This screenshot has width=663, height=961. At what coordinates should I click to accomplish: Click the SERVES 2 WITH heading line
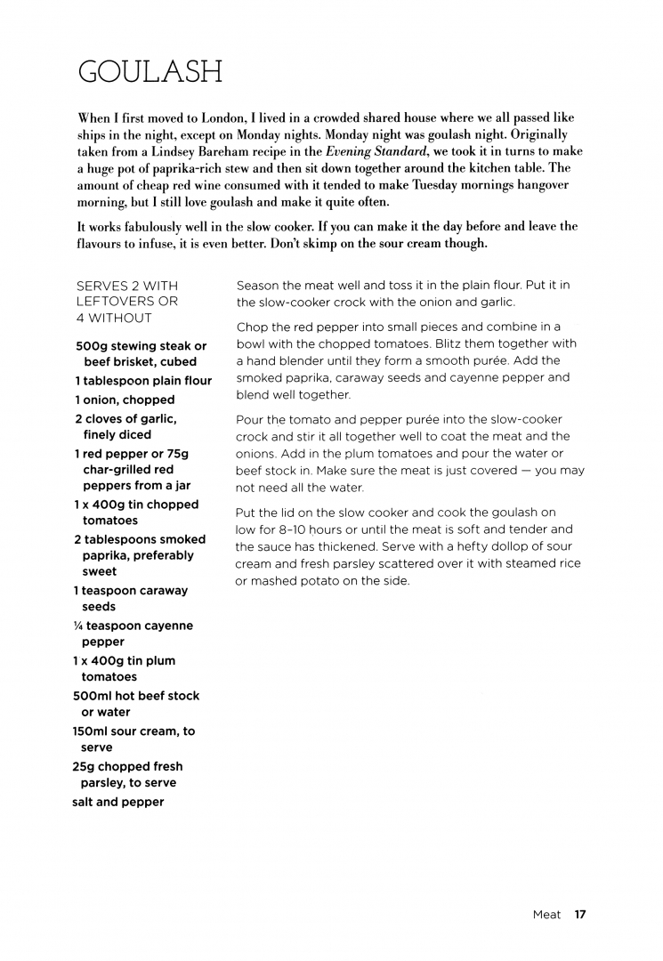tap(127, 286)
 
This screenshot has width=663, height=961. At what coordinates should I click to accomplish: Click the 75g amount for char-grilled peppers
tap(174, 454)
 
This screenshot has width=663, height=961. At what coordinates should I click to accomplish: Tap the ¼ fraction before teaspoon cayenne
tap(78, 626)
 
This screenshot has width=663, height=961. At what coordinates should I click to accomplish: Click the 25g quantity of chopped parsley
tap(84, 767)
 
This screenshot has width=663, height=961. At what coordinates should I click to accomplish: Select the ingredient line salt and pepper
tap(118, 802)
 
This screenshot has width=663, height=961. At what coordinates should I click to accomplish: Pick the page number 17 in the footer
tap(579, 915)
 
